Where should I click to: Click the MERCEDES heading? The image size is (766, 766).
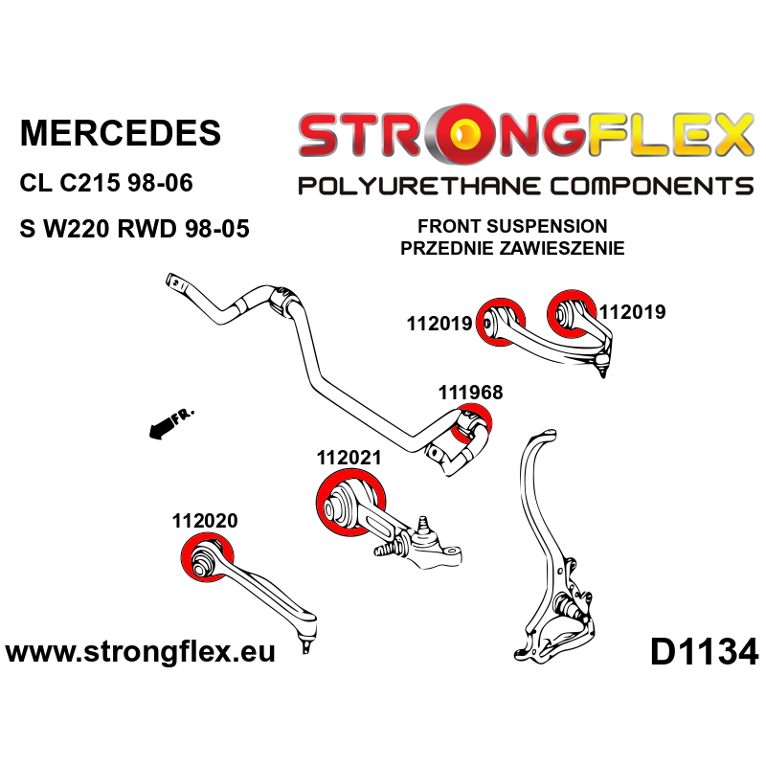point(120,132)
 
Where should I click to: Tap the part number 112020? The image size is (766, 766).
point(205,522)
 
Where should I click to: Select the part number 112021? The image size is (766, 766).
point(349,459)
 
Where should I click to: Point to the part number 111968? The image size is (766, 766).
point(470,392)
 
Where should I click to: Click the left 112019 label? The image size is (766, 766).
point(439,324)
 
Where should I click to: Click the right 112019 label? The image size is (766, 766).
point(632,311)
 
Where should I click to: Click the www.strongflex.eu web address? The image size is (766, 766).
point(141,654)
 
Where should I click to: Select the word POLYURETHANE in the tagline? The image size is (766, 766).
point(409,185)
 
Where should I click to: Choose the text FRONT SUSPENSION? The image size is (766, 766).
point(512,228)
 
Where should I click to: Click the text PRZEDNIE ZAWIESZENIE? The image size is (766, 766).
point(512,248)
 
